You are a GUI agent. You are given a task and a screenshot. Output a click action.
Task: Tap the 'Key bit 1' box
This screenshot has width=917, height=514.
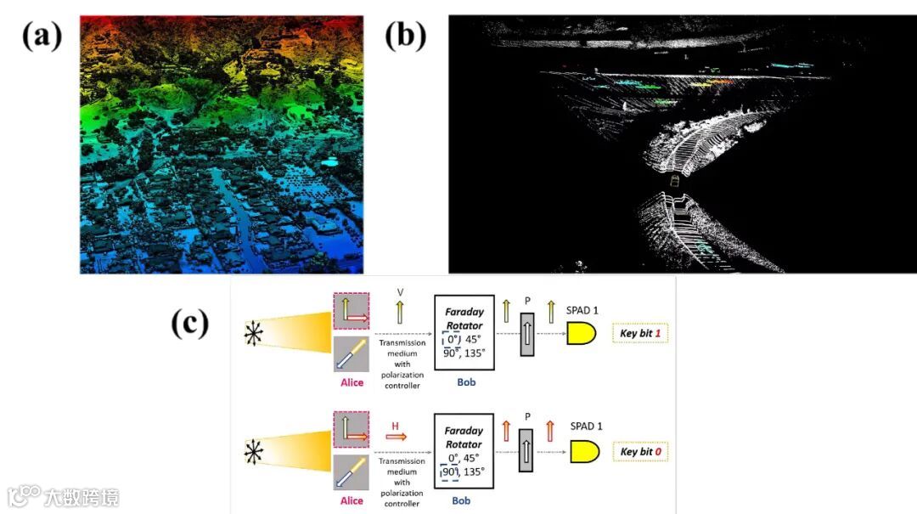(x=640, y=333)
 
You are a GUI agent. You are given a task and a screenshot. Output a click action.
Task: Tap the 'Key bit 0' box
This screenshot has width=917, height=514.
(x=640, y=451)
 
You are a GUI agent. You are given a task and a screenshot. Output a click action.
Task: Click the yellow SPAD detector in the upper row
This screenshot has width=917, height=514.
(x=581, y=333)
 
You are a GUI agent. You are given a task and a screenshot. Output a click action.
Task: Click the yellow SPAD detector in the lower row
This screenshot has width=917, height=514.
(x=582, y=451)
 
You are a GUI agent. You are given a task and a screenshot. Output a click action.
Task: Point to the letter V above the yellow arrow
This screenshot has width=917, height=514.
(x=400, y=292)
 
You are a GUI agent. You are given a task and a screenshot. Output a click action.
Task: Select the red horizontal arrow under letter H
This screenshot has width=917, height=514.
(x=396, y=437)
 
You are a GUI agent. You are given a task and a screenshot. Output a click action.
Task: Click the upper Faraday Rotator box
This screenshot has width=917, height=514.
(x=464, y=332)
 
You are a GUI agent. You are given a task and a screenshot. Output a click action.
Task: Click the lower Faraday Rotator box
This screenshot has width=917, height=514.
(x=464, y=450)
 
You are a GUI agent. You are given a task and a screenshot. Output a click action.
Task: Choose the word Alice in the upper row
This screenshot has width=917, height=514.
(x=352, y=382)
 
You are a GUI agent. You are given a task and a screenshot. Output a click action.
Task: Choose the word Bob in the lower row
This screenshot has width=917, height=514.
(x=461, y=500)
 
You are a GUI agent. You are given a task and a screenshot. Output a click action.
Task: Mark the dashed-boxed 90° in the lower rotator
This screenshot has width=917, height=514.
(x=450, y=472)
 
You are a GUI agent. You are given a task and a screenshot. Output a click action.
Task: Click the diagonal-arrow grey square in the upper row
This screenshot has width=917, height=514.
(x=352, y=354)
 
